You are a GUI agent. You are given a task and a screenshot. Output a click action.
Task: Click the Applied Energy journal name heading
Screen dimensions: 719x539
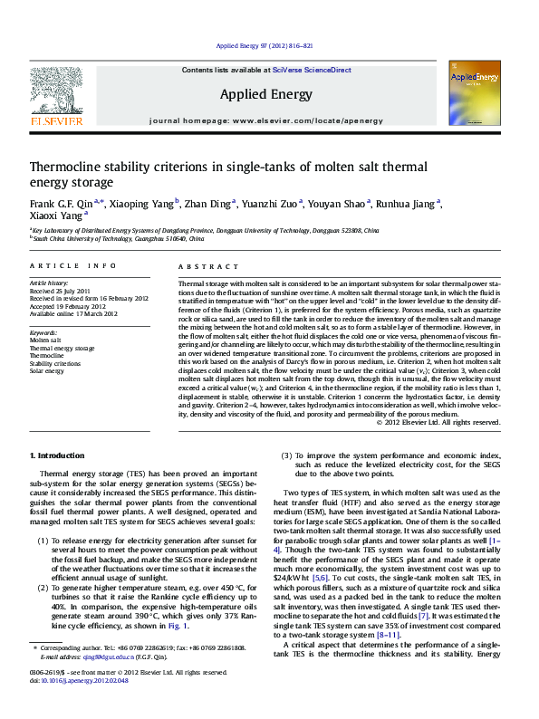pos(265,94)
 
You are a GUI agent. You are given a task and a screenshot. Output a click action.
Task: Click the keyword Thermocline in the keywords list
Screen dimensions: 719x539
pos(47,356)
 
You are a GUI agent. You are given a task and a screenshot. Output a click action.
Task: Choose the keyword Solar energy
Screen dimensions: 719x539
pos(48,371)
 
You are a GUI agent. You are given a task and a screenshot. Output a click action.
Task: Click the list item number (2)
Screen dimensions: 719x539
pos(43,590)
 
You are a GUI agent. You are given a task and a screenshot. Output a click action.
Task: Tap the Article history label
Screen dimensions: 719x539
pos(50,283)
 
